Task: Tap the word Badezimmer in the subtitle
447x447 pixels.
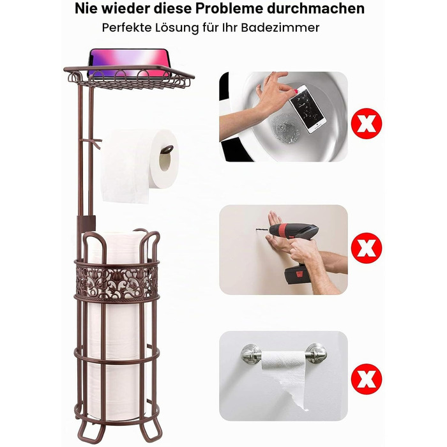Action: (280, 27)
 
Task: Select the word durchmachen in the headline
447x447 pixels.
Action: (315, 8)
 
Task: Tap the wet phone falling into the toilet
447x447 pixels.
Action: (307, 109)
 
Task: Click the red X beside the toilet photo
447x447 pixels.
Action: (367, 123)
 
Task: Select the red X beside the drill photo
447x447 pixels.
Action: (367, 248)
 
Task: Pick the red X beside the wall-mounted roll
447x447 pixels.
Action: (367, 379)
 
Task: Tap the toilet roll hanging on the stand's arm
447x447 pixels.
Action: (140, 165)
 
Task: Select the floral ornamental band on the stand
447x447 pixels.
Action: (117, 282)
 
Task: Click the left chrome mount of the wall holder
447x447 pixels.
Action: (251, 354)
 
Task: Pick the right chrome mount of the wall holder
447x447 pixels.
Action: (316, 353)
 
